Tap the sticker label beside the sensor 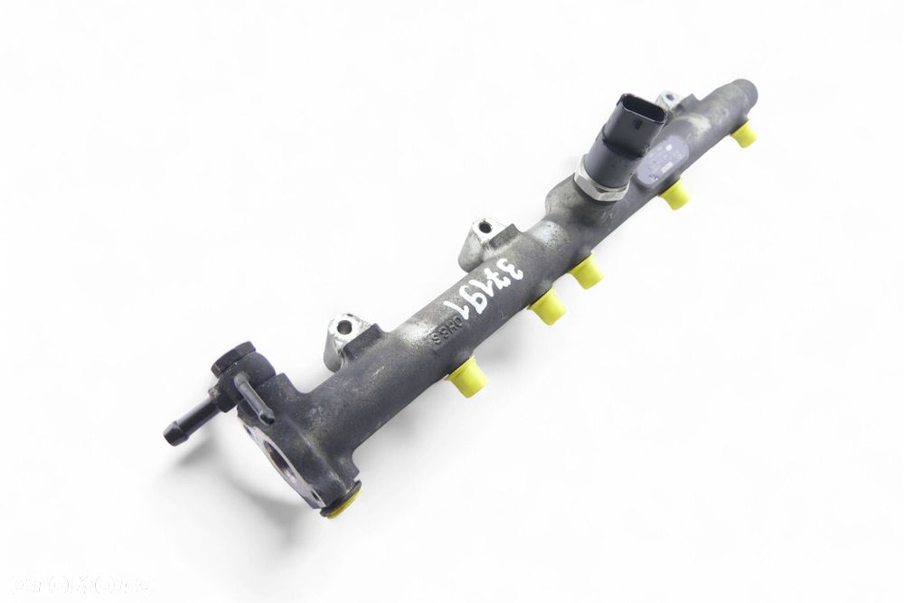point(656,163)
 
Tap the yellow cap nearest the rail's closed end point(744,135)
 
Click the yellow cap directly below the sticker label point(674,194)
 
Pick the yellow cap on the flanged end point(343,504)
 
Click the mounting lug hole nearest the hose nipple point(344,327)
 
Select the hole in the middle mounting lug point(485,229)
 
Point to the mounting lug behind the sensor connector point(669,99)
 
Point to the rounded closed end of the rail point(747,90)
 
